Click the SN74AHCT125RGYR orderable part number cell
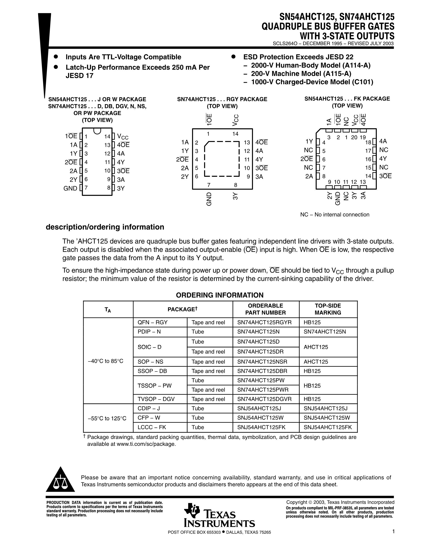[x=264, y=322]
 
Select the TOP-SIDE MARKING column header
[x=328, y=309]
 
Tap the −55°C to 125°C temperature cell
[x=107, y=418]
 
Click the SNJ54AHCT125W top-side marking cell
[x=327, y=417]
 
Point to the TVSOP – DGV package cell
[x=156, y=399]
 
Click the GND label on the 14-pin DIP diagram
[x=70, y=188]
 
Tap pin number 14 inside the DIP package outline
[x=107, y=137]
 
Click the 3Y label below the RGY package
[x=235, y=196]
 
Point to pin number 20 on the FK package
[x=354, y=137]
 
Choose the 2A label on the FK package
[x=309, y=176]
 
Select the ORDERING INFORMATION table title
[x=220, y=295]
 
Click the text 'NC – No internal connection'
[x=335, y=215]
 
